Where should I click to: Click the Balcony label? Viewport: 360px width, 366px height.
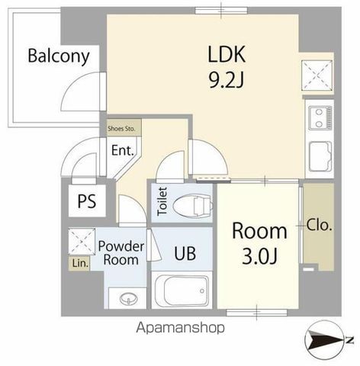(59, 56)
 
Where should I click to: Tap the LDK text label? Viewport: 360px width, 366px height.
(227, 54)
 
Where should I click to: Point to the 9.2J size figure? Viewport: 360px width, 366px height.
(227, 79)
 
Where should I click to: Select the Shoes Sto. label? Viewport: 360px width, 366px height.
(121, 129)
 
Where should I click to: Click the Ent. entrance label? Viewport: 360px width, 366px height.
(123, 150)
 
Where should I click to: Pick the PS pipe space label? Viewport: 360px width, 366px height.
(87, 201)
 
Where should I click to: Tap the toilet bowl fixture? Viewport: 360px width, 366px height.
(192, 205)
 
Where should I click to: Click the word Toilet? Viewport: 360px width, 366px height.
(162, 201)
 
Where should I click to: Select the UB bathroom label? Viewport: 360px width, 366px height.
(185, 253)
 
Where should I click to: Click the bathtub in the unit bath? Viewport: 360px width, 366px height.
(182, 290)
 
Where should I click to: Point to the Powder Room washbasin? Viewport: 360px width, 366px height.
(128, 299)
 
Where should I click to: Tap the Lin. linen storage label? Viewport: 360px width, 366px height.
(80, 263)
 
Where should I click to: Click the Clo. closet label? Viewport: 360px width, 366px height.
(319, 225)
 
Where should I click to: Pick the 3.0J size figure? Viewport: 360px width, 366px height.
(259, 256)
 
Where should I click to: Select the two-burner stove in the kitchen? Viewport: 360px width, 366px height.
(320, 118)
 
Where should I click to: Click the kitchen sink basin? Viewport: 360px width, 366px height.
(320, 156)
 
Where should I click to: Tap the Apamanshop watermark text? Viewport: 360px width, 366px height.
(181, 328)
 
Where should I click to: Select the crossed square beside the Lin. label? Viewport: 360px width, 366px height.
(82, 242)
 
